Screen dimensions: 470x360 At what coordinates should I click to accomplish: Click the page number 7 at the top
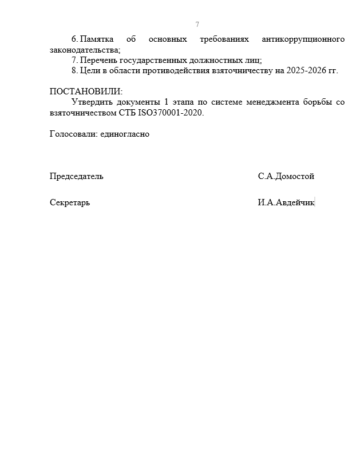click(197, 25)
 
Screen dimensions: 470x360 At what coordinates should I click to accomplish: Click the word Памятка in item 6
click(97, 39)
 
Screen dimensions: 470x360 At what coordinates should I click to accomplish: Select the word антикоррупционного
click(303, 39)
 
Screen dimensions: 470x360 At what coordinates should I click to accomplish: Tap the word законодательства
click(84, 50)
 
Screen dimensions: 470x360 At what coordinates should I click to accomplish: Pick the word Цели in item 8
click(90, 70)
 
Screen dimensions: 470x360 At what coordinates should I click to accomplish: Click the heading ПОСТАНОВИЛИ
click(86, 91)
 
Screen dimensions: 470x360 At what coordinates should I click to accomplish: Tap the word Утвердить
click(93, 102)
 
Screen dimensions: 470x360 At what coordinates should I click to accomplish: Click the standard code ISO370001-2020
click(171, 113)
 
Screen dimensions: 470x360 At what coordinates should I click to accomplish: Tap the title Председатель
click(77, 176)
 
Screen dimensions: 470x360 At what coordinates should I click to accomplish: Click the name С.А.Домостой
click(286, 176)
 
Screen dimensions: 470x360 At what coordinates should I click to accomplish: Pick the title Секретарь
click(70, 202)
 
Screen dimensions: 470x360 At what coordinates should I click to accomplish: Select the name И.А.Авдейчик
click(286, 202)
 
